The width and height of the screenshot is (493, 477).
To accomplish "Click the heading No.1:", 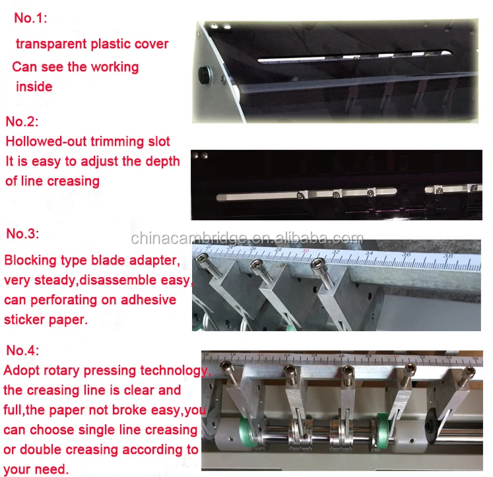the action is pos(30,18).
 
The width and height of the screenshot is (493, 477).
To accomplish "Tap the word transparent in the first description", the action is pos(51,44).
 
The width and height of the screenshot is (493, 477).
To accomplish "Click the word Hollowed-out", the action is pos(46,141).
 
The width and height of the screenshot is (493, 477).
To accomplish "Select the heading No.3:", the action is pos(22,234).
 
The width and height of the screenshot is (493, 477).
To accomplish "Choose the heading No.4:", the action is pos(22,350).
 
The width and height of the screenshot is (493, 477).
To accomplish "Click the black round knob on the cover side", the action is pos(205,75).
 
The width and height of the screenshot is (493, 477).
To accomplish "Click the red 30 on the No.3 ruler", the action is pos(306,251).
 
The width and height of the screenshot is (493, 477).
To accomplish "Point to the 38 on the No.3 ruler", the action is pos(448,256).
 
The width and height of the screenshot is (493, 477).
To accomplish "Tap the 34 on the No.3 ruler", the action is pos(370,253).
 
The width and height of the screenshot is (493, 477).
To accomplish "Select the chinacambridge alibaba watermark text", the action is pos(247,239).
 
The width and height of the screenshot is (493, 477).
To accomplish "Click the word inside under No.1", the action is pos(34,86).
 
